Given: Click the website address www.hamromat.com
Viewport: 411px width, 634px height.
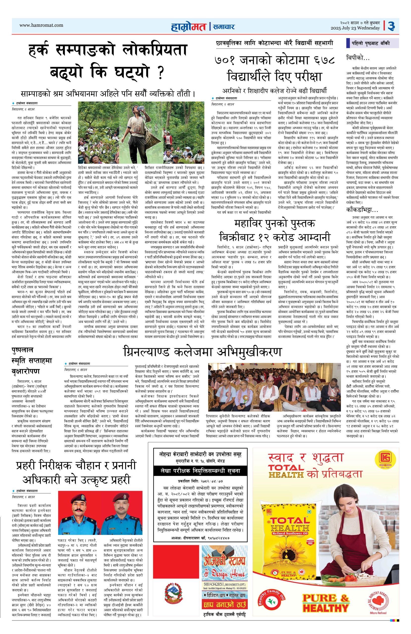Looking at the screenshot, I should pyautogui.click(x=41, y=25).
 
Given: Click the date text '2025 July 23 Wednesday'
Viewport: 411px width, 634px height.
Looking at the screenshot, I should pyautogui.click(x=355, y=28).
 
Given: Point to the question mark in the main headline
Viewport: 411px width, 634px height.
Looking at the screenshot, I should pyautogui.click(x=160, y=73).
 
